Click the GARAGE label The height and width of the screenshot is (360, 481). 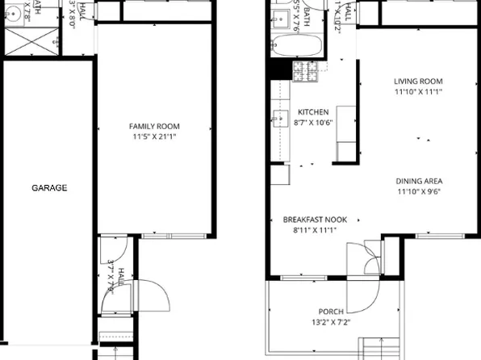pyautogui.click(x=49, y=188)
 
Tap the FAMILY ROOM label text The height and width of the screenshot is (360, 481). pyautogui.click(x=154, y=126)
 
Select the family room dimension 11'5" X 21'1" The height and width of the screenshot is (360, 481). pyautogui.click(x=154, y=137)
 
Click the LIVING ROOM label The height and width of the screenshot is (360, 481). pyautogui.click(x=418, y=81)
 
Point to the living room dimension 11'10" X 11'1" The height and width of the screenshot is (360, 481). pyautogui.click(x=418, y=91)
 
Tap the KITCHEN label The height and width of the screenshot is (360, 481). pyautogui.click(x=313, y=112)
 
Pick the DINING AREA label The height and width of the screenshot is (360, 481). pyautogui.click(x=419, y=181)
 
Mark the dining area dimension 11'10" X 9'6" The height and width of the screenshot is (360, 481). pyautogui.click(x=419, y=192)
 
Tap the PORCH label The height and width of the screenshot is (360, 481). pyautogui.click(x=331, y=312)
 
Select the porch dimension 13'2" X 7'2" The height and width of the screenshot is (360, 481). pyautogui.click(x=331, y=322)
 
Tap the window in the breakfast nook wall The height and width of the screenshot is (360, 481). pyautogui.click(x=303, y=278)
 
